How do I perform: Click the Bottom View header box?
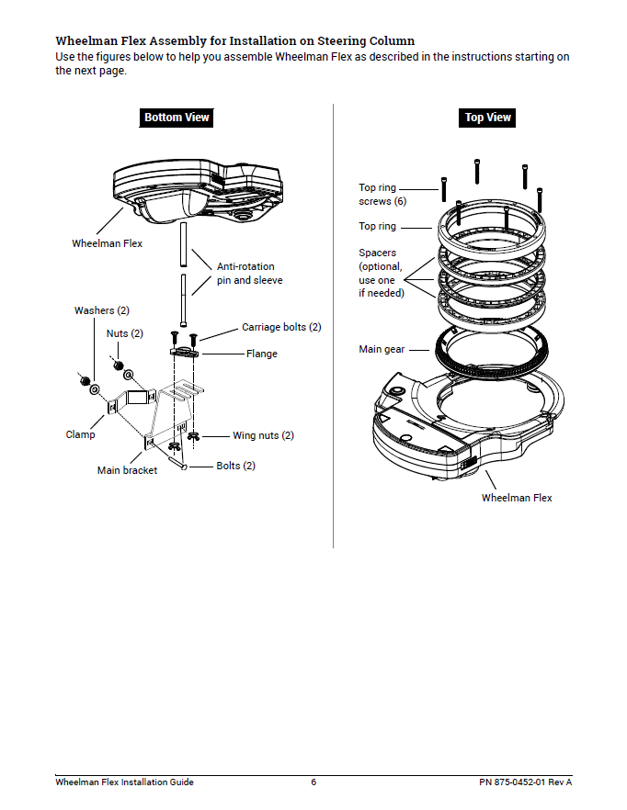[x=177, y=118]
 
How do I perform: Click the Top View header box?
[x=487, y=118]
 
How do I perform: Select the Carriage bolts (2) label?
[x=281, y=327]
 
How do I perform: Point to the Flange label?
[x=261, y=354]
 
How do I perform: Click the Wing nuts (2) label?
[x=263, y=435]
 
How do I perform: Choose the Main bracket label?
[x=127, y=470]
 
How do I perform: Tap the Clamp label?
[x=80, y=434]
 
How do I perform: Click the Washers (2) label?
[x=101, y=310]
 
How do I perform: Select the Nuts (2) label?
[x=124, y=333]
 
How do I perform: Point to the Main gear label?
[x=381, y=350]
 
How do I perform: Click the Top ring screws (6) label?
[x=377, y=195]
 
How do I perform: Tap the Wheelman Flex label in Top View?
[x=517, y=498]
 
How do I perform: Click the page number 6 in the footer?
[x=313, y=782]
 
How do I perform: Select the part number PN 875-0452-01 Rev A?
[x=525, y=782]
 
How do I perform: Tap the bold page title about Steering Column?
[x=234, y=41]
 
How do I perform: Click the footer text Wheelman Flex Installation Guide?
[x=124, y=782]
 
